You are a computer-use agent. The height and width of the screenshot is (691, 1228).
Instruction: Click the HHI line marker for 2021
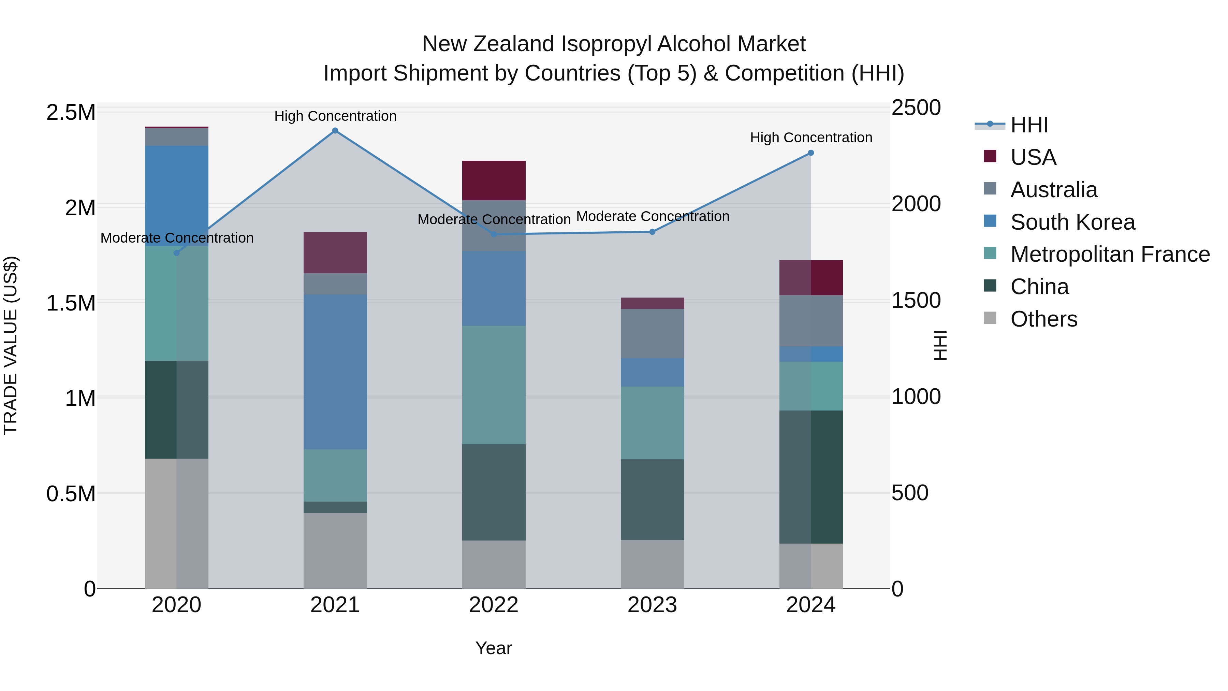(335, 131)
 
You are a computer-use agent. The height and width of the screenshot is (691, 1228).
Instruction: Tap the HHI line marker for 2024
(811, 153)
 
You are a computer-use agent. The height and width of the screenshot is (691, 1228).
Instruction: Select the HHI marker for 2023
(653, 232)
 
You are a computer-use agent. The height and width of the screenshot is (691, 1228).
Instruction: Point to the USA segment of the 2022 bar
(494, 180)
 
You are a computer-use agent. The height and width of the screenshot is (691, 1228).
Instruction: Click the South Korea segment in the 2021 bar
(335, 372)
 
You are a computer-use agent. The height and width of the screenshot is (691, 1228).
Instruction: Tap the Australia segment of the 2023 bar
(653, 333)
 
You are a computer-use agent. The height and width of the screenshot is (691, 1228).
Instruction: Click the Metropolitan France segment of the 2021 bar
(335, 475)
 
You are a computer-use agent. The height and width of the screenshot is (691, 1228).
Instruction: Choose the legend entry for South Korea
(1072, 222)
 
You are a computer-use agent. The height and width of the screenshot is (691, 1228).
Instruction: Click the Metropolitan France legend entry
(1110, 255)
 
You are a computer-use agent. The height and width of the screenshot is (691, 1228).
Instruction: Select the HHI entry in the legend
(1029, 125)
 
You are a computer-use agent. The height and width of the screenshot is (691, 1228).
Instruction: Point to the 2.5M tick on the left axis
(71, 113)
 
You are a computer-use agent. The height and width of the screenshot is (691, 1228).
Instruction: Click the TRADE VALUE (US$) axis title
(11, 345)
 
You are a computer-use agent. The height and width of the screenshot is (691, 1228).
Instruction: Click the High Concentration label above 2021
(335, 116)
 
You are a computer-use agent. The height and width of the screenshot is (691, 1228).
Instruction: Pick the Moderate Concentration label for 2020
(177, 237)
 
